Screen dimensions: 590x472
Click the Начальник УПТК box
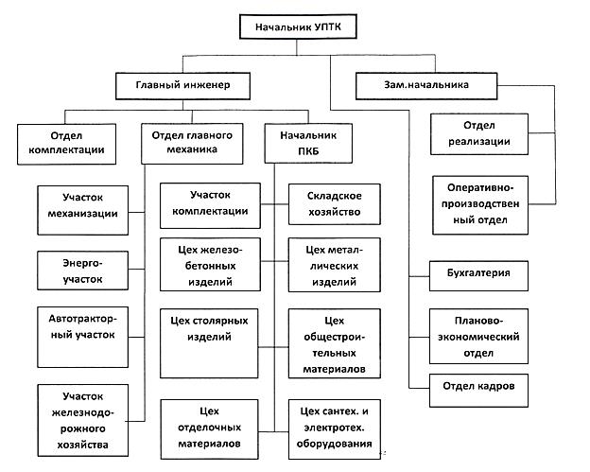(298, 26)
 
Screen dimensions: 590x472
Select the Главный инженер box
(182, 86)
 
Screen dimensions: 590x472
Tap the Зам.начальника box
(426, 86)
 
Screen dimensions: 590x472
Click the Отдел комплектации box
(66, 144)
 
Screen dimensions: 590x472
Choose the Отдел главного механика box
(192, 144)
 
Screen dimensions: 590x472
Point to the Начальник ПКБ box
(308, 144)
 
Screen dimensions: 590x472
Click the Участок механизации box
(83, 210)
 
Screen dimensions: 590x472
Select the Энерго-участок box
(83, 271)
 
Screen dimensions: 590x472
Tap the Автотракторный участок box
(83, 337)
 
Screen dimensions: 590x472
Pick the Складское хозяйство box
(335, 204)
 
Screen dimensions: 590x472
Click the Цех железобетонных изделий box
(210, 264)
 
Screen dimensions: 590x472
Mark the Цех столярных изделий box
(209, 343)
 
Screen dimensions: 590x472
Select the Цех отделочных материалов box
(210, 429)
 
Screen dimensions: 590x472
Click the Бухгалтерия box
(478, 275)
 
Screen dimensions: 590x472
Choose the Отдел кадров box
(478, 391)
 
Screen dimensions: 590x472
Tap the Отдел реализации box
(479, 134)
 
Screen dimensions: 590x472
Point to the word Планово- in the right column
(478, 321)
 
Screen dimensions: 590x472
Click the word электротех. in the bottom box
(334, 428)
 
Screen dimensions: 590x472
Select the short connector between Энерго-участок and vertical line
(136, 270)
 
